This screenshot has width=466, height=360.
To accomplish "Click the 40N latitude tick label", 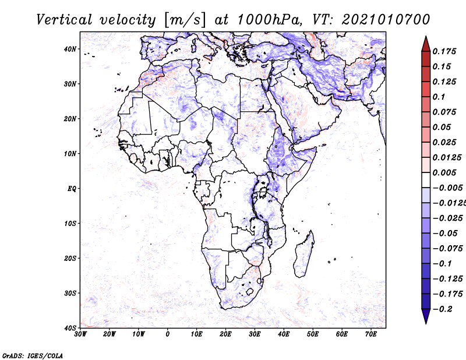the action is click(70, 49).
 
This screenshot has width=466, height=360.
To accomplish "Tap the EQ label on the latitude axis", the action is click(72, 189).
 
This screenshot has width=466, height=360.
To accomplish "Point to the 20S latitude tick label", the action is click(70, 258).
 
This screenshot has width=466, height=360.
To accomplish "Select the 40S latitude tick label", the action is click(70, 328).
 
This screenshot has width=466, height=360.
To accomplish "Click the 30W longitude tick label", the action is click(80, 334).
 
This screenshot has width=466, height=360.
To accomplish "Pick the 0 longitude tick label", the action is click(168, 334).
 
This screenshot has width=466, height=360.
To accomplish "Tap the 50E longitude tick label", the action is click(313, 334).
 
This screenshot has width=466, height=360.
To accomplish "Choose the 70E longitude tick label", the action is click(371, 334).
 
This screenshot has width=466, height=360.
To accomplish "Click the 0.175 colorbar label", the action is click(444, 52).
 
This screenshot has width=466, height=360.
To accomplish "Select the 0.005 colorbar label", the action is click(444, 172).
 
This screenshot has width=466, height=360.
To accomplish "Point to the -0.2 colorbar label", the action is click(443, 309).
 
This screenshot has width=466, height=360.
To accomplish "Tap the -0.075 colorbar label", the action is click(447, 249).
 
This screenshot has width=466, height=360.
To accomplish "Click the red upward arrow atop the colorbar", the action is click(426, 44).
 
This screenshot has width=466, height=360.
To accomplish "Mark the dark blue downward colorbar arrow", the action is click(426, 316).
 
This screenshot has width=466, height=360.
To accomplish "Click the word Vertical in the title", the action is click(64, 20).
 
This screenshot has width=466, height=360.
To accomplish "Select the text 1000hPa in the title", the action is click(267, 20).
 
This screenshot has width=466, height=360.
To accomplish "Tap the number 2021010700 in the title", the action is click(386, 20).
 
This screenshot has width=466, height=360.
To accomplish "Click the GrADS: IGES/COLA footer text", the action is click(33, 355).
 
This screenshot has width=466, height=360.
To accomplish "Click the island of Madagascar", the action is click(304, 254).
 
